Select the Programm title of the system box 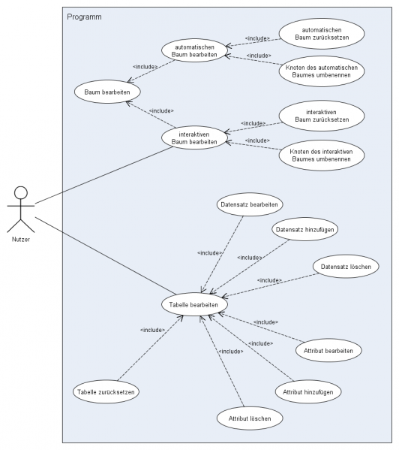pos(84,17)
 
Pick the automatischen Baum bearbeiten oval pos(193,52)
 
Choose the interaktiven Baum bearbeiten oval pos(194,137)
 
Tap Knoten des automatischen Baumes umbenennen pos(321,72)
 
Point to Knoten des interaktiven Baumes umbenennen pos(321,156)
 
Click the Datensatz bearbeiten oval pos(250,204)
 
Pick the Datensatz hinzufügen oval pos(303,230)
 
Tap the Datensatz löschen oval pos(346,267)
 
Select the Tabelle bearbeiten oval pos(194,305)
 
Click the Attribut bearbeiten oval pos(329,350)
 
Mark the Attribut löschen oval pos(250,417)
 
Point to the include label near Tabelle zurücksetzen pos(153,330)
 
